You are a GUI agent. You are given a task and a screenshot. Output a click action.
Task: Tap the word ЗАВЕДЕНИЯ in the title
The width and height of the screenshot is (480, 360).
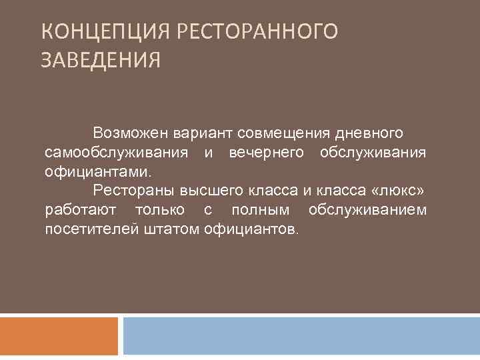click(101, 61)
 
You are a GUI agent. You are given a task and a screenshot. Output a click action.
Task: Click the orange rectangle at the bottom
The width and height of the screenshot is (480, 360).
click(59, 336)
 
